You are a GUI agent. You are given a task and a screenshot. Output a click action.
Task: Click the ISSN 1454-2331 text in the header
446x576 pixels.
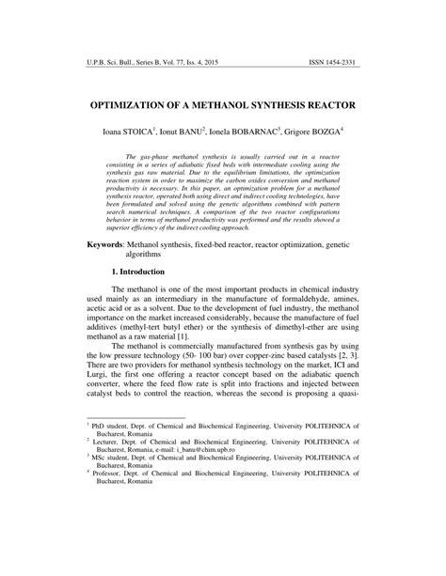click(x=336, y=64)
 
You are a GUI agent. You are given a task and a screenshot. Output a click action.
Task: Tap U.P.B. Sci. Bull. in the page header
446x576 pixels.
click(x=104, y=64)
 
